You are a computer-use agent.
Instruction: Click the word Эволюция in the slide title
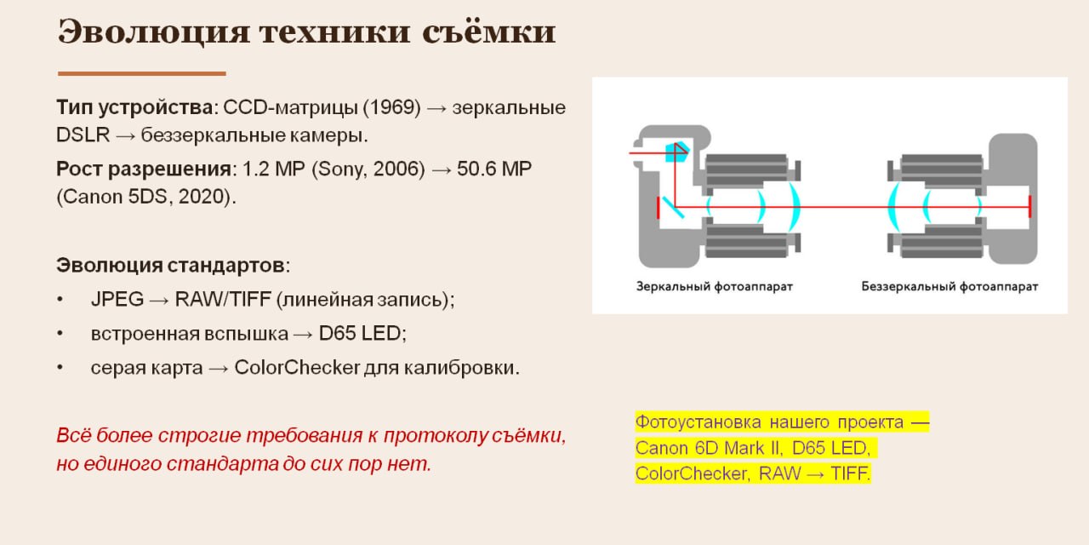point(154,33)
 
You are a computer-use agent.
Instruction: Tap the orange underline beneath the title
point(142,73)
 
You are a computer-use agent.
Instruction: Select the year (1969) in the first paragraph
point(392,107)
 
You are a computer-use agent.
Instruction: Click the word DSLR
point(83,135)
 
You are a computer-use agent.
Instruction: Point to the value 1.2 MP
point(274,169)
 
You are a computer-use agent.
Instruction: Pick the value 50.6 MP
point(494,169)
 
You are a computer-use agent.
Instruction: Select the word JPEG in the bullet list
point(117,299)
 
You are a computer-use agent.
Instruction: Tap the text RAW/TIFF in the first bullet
point(223,299)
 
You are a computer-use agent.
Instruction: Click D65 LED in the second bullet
point(360,333)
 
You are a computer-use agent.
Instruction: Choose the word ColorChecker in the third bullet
point(297,367)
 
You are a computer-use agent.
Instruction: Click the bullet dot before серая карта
point(60,367)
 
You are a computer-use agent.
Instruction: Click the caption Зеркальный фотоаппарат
point(715,287)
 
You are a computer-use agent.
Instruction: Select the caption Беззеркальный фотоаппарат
point(949,287)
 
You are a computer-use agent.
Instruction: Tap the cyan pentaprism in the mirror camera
point(677,152)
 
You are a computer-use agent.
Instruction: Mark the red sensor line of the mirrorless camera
point(1029,207)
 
